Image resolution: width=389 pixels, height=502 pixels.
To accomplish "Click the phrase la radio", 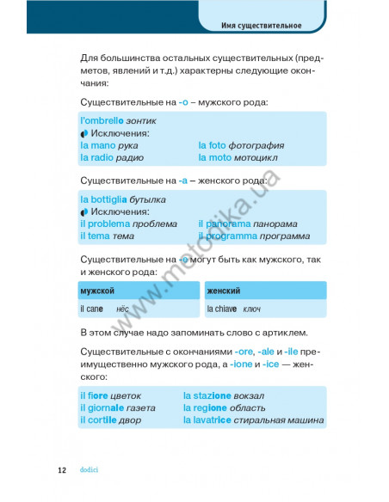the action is [x=97, y=158].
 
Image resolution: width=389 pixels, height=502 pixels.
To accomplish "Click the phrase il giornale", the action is [x=103, y=407].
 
